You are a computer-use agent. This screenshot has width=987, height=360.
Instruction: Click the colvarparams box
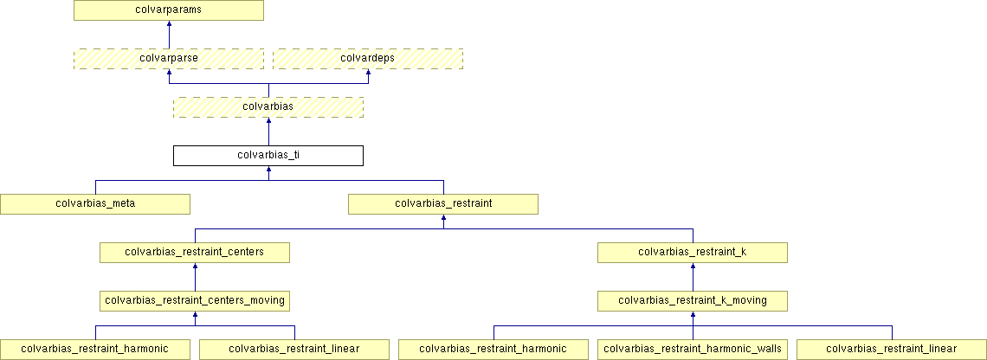pos(169,10)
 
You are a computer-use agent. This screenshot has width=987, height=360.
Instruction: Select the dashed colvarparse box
pos(169,59)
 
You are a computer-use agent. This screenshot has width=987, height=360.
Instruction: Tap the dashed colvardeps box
pos(368,59)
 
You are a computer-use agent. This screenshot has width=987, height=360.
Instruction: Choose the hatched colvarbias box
pos(268,107)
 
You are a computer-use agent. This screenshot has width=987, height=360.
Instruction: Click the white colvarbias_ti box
pos(268,156)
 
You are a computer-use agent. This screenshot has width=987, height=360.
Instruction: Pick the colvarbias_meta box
pos(95,204)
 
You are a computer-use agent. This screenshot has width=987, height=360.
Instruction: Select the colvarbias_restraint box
pos(443,204)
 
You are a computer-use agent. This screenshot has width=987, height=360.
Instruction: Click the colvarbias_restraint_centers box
pos(195,253)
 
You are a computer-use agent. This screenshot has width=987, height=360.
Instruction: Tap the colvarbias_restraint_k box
pos(693,253)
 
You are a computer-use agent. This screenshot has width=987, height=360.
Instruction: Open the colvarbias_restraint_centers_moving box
pos(195,301)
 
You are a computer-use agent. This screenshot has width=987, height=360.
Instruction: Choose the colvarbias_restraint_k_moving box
pos(693,301)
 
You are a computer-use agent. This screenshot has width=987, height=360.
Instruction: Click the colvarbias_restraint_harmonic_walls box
pos(693,350)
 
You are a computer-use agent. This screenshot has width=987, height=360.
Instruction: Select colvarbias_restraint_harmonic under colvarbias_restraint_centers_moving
pos(95,350)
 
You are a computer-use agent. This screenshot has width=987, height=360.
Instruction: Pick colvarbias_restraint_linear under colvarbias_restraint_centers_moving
pos(294,350)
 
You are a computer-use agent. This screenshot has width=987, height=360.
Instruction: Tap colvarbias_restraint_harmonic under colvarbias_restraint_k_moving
pos(493,350)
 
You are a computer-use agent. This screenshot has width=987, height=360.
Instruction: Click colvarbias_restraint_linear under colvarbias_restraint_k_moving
pos(892,350)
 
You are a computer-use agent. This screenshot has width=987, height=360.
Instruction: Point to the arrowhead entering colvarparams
pos(169,25)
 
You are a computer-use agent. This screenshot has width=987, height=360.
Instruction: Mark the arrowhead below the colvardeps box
pos(368,74)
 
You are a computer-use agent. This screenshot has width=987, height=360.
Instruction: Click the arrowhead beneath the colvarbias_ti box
pos(268,170)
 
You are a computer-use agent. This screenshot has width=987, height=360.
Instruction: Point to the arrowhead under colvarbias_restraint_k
pos(693,267)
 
